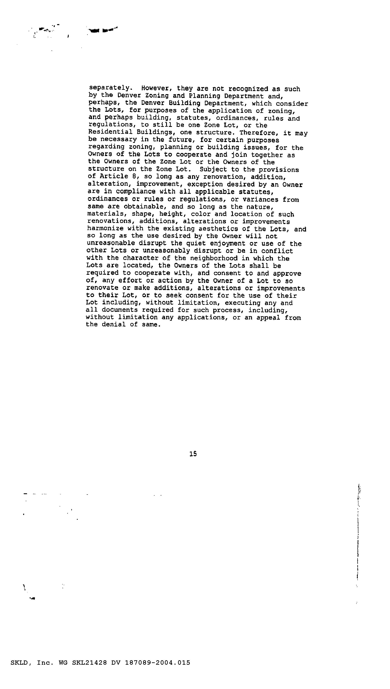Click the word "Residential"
[110, 132]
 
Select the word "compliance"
[136, 191]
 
